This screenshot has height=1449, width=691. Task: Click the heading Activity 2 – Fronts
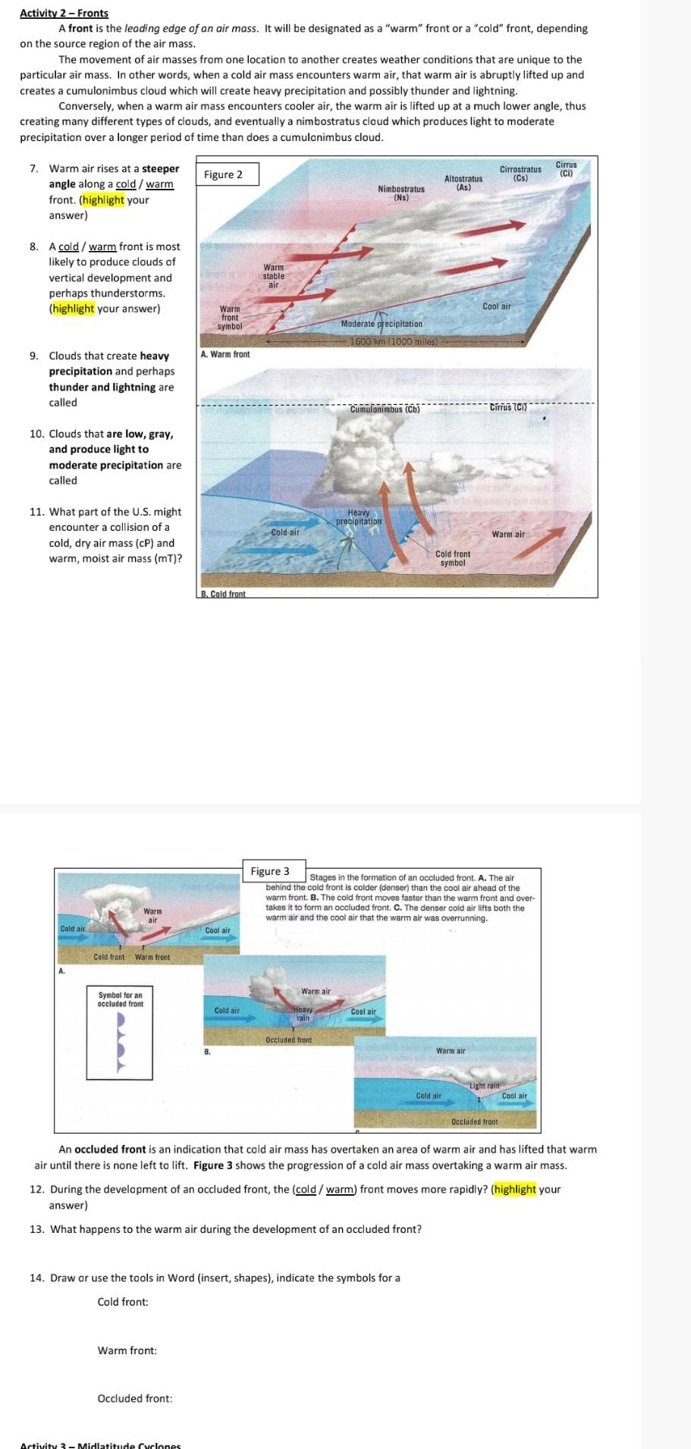click(64, 13)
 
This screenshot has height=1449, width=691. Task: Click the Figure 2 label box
click(224, 174)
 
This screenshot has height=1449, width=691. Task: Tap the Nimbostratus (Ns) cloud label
click(401, 193)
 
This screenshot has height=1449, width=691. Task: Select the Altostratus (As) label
click(463, 182)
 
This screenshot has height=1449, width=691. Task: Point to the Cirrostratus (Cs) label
click(520, 174)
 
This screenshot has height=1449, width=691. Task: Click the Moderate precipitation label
click(382, 324)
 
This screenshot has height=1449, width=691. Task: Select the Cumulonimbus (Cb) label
click(385, 409)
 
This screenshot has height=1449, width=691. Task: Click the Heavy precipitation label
click(359, 517)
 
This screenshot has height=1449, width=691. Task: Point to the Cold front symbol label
click(453, 558)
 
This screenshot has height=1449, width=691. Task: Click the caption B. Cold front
click(223, 594)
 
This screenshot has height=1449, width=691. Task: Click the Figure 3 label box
click(271, 871)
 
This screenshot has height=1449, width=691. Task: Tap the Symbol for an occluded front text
click(120, 999)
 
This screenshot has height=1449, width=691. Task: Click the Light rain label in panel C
click(485, 1086)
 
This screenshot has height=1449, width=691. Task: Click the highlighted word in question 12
click(515, 1188)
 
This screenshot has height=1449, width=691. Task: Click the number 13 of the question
click(36, 1228)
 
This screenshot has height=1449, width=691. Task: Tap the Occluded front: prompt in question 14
click(134, 1397)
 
